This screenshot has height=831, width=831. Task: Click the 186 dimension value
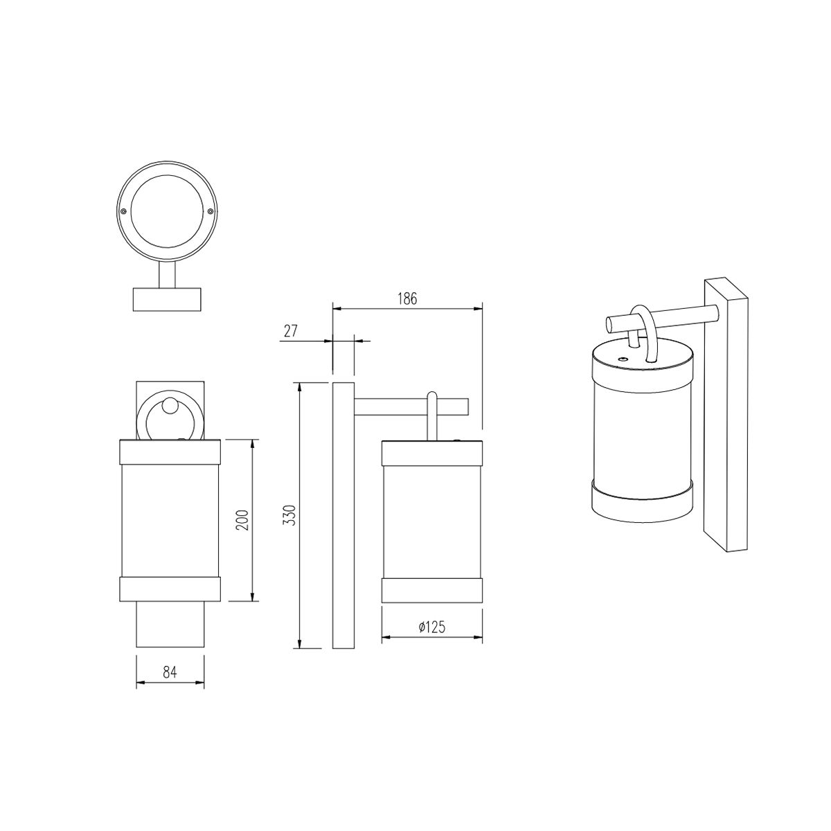(x=407, y=298)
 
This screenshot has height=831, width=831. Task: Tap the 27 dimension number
(x=291, y=331)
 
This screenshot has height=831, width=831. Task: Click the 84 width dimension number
(x=170, y=672)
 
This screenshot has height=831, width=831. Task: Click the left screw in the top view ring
(x=123, y=211)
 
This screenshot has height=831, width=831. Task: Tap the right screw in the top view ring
(x=210, y=211)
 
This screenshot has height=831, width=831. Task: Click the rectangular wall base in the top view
(x=167, y=299)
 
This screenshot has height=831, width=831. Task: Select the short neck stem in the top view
(x=168, y=276)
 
